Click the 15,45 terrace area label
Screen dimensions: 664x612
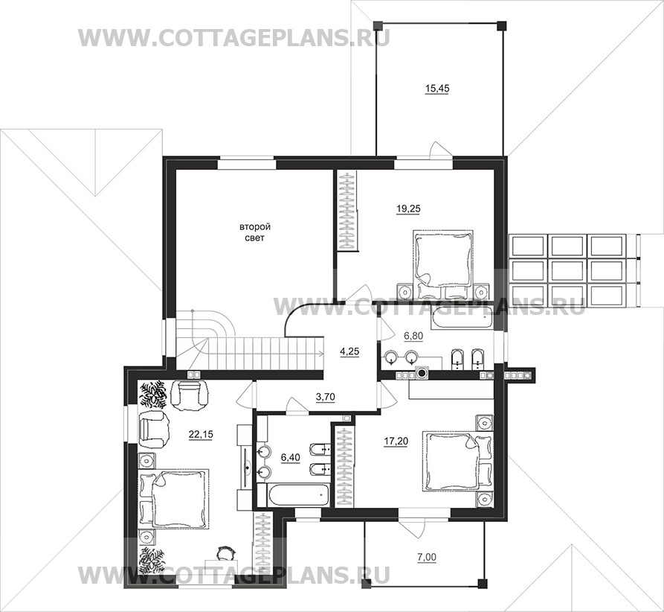(x=436, y=89)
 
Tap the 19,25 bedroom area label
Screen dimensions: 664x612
(x=408, y=208)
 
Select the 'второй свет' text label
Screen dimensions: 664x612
(x=254, y=232)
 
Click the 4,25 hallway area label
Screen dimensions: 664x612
(x=349, y=351)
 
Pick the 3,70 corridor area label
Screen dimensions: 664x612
(x=326, y=398)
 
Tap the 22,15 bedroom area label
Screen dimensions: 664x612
(x=201, y=434)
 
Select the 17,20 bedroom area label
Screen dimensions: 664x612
(x=396, y=442)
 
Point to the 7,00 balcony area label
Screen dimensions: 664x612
(x=427, y=558)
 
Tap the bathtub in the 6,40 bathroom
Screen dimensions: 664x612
(x=299, y=495)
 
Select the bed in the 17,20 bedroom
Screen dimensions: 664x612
(x=458, y=461)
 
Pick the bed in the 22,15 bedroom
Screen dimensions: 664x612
(x=174, y=499)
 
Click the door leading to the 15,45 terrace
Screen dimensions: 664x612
(x=440, y=150)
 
